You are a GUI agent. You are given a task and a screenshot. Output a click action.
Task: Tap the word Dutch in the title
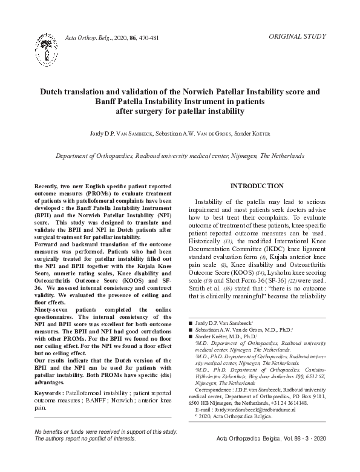[53, 92]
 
